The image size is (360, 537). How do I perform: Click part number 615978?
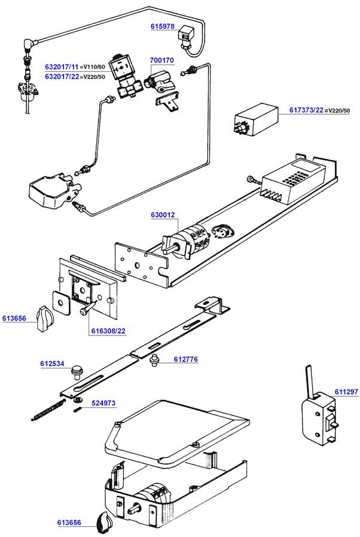(x=162, y=26)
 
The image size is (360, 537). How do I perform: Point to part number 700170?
(x=161, y=60)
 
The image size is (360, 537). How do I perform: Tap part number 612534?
(x=53, y=364)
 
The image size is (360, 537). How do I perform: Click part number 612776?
(x=186, y=359)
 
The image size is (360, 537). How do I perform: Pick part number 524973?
(x=103, y=403)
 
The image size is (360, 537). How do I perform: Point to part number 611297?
(x=346, y=392)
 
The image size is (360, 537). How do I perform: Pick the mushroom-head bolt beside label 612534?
(x=77, y=373)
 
